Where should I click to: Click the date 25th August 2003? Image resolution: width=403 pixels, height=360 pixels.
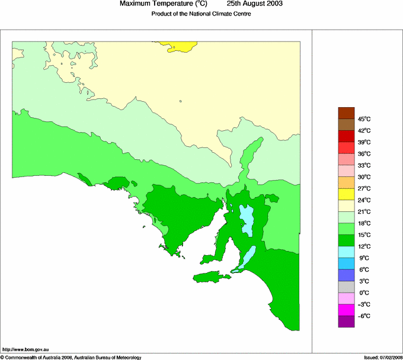(255, 4)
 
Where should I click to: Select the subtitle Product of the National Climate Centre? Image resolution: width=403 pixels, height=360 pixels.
(201, 14)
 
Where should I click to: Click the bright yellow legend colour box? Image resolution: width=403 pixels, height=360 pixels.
(346, 194)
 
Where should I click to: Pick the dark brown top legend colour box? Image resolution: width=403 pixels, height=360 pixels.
(346, 113)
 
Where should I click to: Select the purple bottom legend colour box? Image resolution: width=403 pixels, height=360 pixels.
(346, 322)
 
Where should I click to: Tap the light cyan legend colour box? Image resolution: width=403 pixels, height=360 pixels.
(346, 252)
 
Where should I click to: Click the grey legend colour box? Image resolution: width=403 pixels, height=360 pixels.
(346, 287)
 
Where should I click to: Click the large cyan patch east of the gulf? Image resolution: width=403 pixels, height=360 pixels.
(247, 219)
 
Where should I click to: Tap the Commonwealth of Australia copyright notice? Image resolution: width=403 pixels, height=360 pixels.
(71, 357)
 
